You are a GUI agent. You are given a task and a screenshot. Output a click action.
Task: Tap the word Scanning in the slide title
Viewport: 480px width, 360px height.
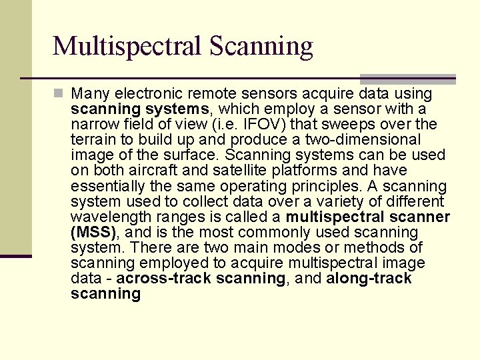261,46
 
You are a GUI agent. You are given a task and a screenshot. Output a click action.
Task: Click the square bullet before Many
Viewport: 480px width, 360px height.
59,94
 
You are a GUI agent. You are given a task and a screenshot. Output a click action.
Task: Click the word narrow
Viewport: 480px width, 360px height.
93,124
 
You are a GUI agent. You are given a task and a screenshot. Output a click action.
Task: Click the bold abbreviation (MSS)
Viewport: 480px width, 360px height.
93,232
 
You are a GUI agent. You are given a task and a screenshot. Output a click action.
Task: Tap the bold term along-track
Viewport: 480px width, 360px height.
369,278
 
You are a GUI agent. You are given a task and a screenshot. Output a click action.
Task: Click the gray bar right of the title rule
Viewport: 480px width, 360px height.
408,79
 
